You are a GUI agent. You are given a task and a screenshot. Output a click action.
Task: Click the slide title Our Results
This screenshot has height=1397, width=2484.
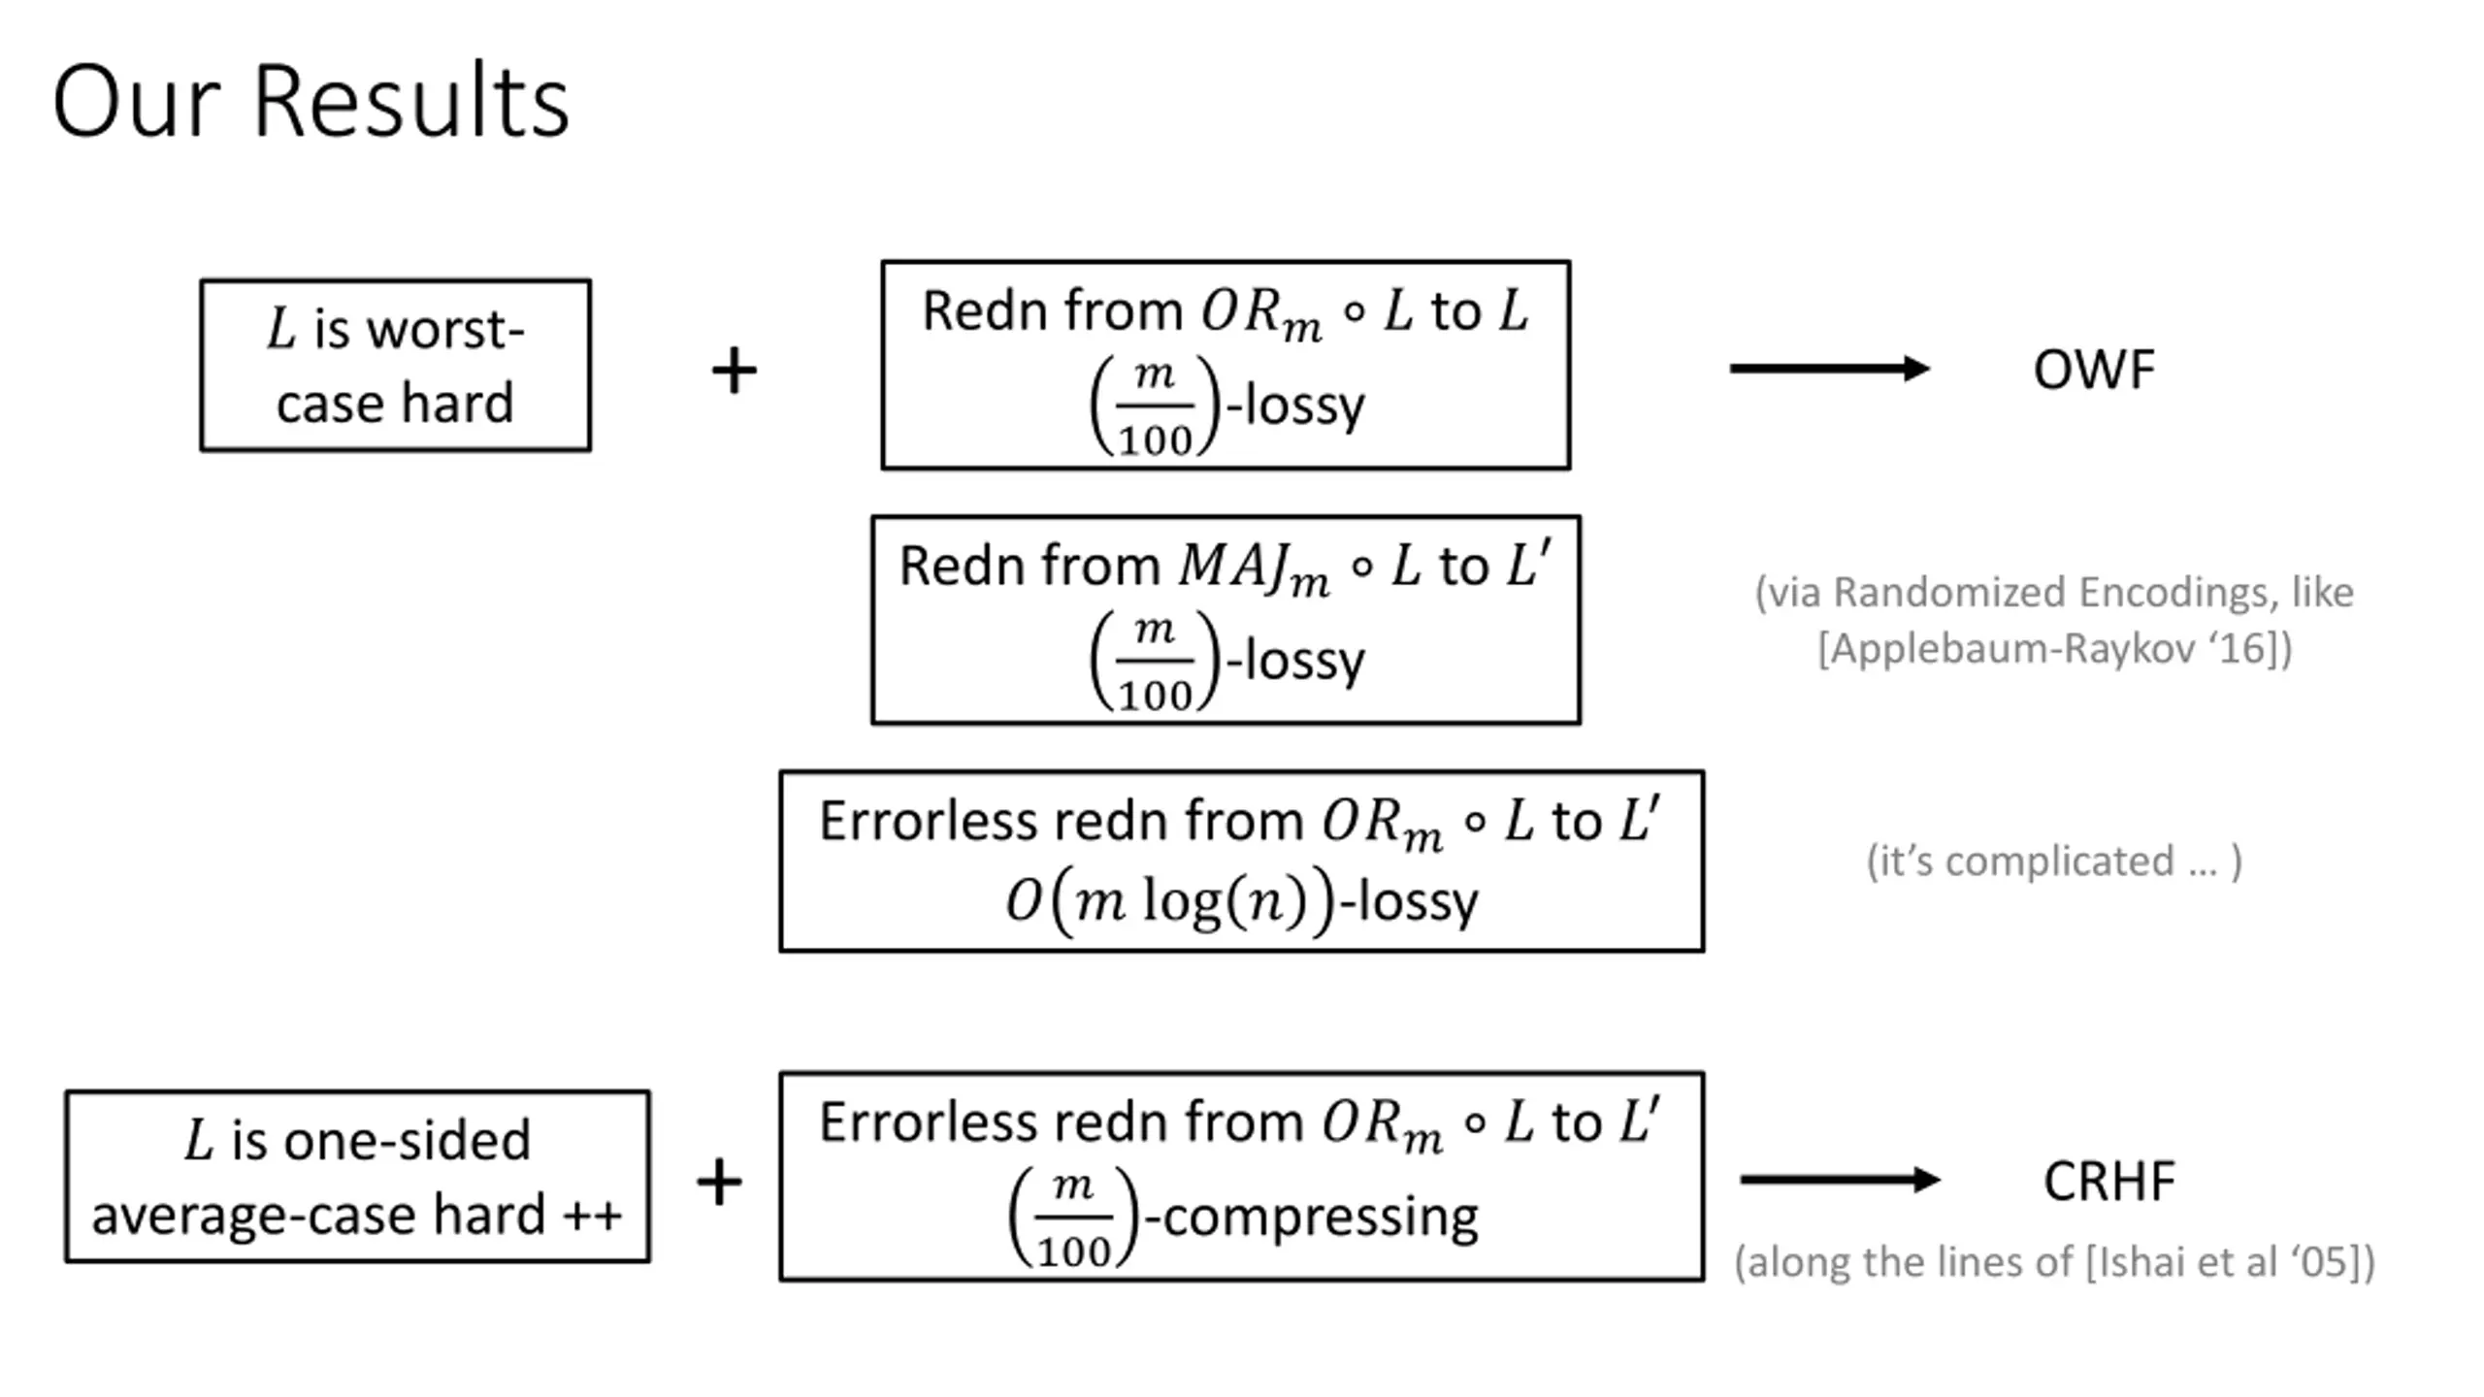tap(310, 101)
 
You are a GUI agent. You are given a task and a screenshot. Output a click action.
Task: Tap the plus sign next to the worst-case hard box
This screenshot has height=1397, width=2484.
tap(734, 370)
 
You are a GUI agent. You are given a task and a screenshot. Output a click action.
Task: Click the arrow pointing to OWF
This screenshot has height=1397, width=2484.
tap(1830, 369)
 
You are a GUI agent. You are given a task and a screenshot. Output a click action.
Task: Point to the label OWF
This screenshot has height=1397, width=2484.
tap(2094, 370)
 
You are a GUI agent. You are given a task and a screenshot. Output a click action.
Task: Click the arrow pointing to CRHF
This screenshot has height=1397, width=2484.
tap(1840, 1180)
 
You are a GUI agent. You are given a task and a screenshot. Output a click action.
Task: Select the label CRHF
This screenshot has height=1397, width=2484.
tap(2109, 1182)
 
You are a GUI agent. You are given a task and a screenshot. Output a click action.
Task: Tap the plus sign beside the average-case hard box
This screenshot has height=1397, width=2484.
tap(719, 1182)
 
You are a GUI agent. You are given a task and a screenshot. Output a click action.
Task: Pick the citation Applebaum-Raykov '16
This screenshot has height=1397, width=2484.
tap(2055, 648)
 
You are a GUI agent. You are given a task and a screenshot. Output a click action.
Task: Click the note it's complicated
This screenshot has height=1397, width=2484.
tap(2054, 861)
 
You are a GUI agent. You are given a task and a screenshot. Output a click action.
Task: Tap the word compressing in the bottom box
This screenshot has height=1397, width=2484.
tap(1321, 1217)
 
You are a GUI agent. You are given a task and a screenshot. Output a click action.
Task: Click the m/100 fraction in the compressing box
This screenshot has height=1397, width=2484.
tap(1072, 1217)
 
